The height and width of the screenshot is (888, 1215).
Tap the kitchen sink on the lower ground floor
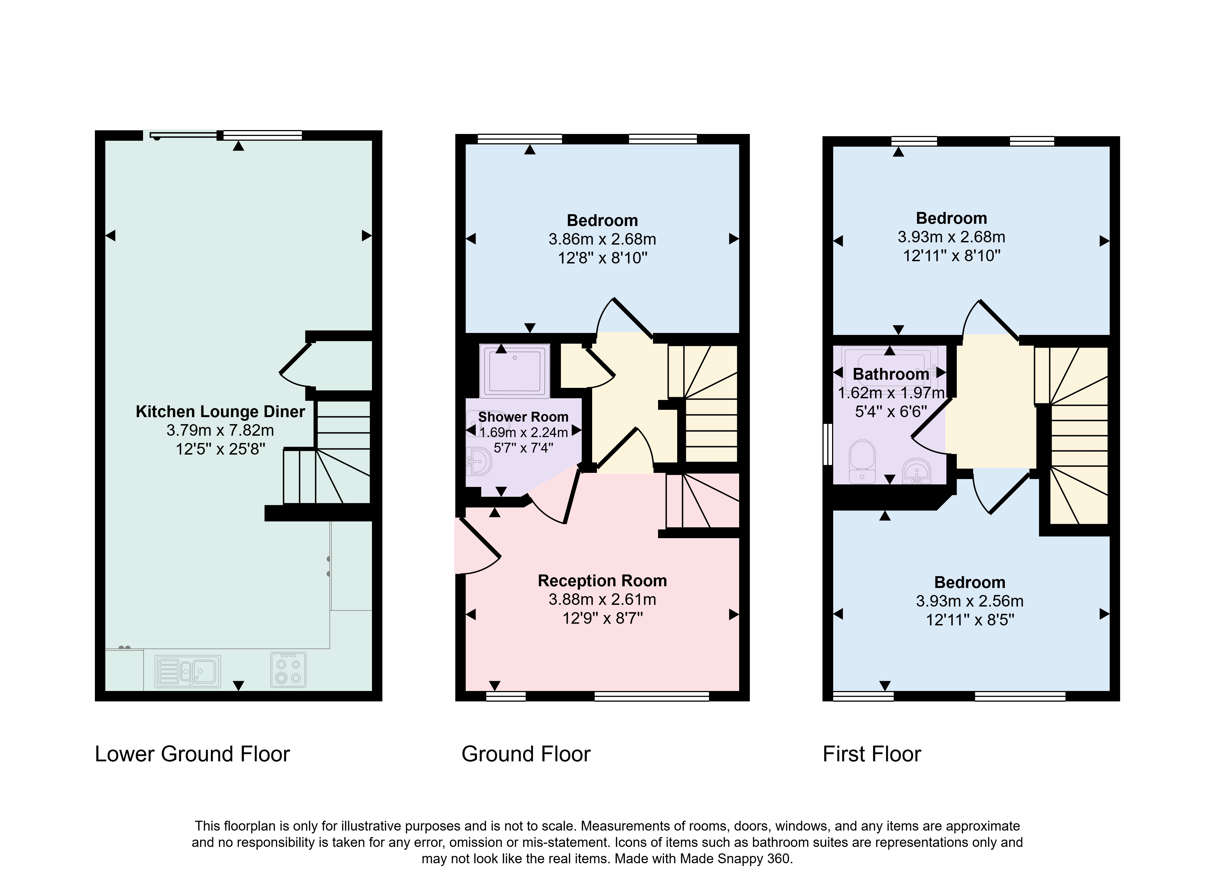188,670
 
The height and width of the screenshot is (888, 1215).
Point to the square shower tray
514,371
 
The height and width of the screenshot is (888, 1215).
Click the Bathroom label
891,374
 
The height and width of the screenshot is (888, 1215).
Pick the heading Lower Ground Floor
193,754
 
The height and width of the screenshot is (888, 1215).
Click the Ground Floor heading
526,754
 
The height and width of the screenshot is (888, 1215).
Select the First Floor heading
871,754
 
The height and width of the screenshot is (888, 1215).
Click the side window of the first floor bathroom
828,444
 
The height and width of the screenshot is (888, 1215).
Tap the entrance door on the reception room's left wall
478,545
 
